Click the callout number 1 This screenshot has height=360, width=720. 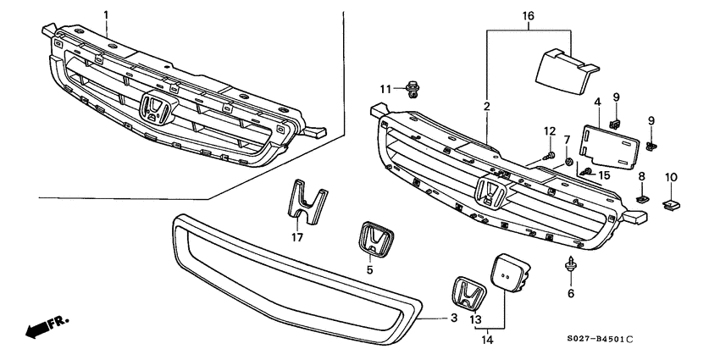[x=106, y=15]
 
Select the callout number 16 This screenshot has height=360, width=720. [x=529, y=15]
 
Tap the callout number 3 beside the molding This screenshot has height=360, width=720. [x=452, y=318]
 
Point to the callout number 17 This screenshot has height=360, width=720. [x=298, y=237]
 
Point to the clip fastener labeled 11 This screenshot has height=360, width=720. [x=412, y=88]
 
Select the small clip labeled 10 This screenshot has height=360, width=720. [x=673, y=204]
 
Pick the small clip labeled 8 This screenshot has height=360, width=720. [x=642, y=200]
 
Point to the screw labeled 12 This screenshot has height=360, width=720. [x=550, y=157]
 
